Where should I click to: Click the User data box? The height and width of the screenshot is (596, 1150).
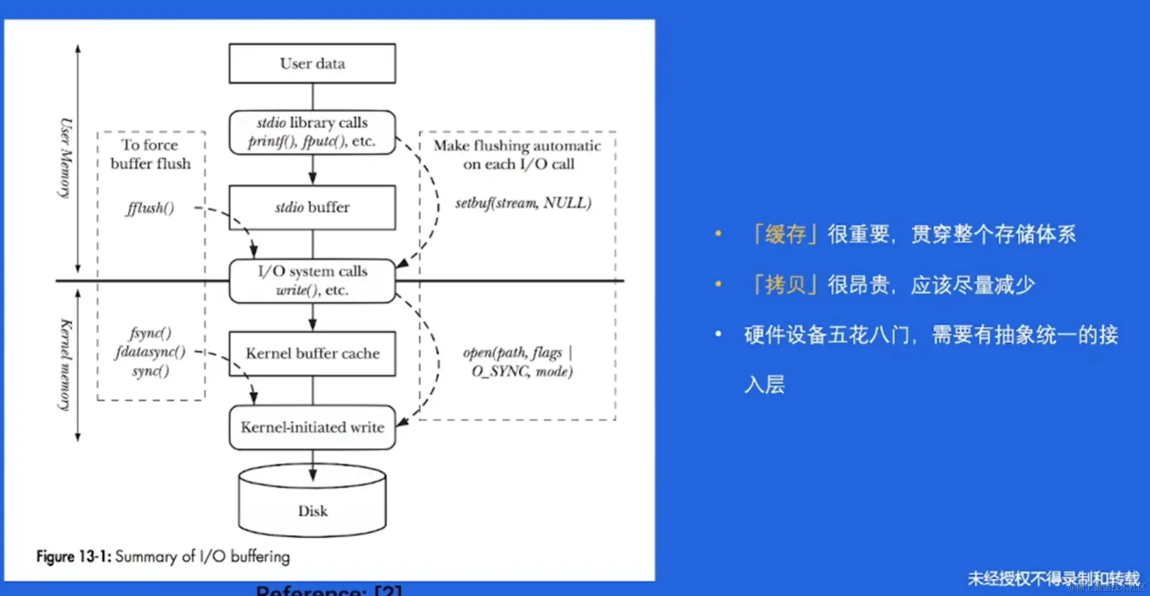click(x=312, y=64)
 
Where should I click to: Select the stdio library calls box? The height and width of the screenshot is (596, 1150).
click(x=312, y=132)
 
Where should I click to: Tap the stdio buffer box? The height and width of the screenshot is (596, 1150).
click(x=312, y=207)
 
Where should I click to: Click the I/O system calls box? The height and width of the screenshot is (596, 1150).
click(x=312, y=280)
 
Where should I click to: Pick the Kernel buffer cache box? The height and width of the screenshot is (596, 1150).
click(x=312, y=353)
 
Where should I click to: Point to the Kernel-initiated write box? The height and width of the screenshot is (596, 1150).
click(x=312, y=427)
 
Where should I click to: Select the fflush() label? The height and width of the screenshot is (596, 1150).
click(x=150, y=208)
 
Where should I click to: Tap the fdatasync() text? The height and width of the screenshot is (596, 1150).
click(x=150, y=352)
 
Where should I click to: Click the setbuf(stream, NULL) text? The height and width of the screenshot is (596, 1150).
click(x=523, y=203)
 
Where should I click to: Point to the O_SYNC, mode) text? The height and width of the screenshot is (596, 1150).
click(x=522, y=372)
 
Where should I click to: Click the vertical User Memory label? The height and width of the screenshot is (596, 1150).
click(x=65, y=158)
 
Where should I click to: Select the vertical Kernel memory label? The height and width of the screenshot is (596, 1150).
click(x=65, y=364)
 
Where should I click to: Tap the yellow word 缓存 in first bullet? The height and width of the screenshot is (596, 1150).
click(x=785, y=234)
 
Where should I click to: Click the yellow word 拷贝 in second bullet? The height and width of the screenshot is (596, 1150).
click(x=785, y=285)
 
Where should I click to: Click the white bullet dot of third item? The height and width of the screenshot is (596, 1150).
click(x=718, y=334)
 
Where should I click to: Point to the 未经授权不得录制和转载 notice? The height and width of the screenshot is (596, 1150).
click(x=1053, y=578)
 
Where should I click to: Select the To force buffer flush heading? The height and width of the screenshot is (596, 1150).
click(x=150, y=154)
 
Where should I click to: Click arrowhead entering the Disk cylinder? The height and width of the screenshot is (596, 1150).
click(x=312, y=475)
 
